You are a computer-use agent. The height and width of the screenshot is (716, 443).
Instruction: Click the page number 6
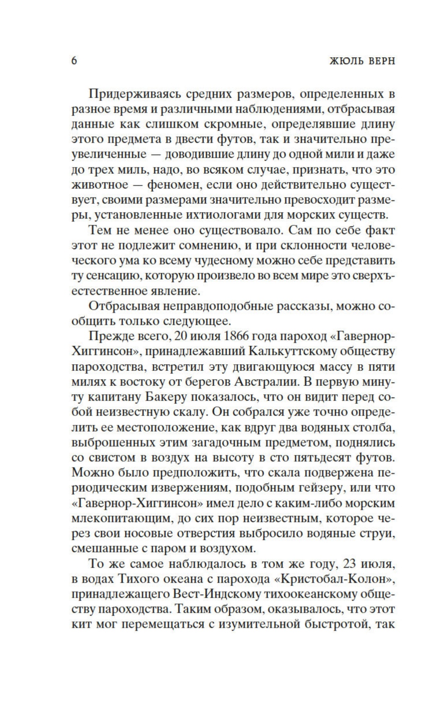[74, 61]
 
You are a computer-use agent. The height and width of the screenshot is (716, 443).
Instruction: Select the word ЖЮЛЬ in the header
[344, 61]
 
